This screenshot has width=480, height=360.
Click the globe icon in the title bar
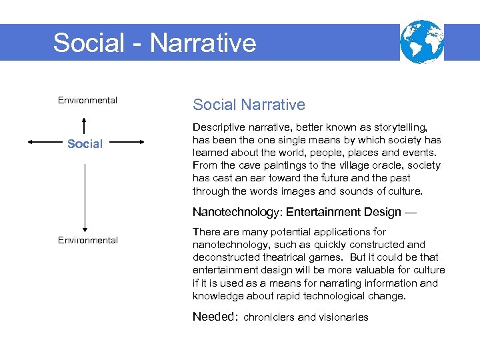click(421, 41)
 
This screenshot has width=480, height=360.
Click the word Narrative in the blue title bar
click(203, 43)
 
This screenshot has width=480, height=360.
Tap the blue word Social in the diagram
click(85, 144)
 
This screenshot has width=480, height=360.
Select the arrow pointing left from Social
click(46, 142)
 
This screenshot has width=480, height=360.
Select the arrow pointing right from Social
click(126, 142)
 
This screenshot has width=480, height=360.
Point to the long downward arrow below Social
click(85, 197)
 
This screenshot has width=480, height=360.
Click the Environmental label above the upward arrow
click(87, 101)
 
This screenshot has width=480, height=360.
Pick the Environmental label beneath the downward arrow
click(87, 240)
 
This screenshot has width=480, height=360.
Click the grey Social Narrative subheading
click(249, 105)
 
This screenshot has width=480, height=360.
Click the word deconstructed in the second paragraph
click(225, 257)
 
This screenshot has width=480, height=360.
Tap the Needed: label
click(215, 317)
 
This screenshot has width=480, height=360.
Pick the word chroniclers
click(269, 317)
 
